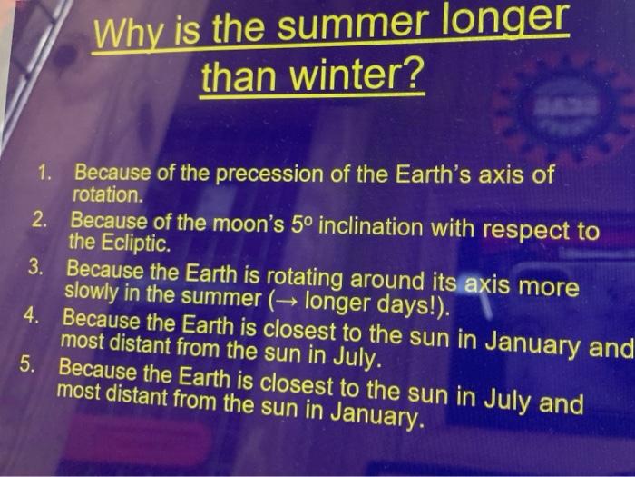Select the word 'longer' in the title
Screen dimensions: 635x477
(505, 20)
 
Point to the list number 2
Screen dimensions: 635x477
(41, 221)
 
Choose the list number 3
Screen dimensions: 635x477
(35, 268)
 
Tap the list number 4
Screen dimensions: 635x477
(31, 315)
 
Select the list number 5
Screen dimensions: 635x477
(27, 364)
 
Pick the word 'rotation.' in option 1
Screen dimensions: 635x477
(108, 195)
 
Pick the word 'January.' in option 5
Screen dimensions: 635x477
(377, 413)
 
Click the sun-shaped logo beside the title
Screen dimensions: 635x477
(566, 107)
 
